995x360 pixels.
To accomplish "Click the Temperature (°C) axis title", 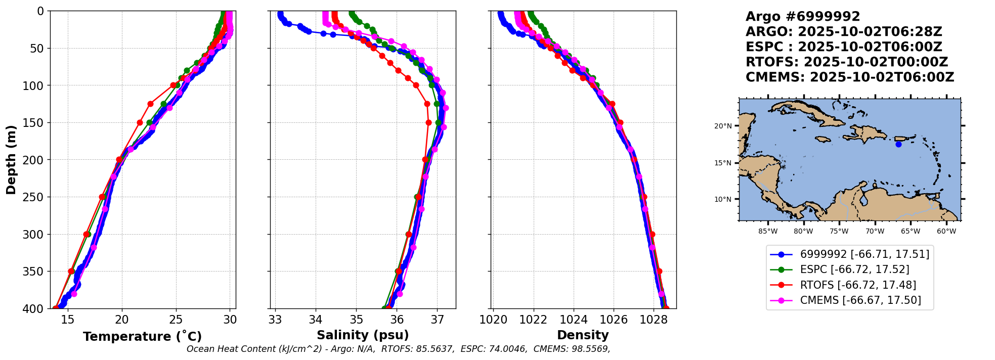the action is pyautogui.click(x=142, y=336).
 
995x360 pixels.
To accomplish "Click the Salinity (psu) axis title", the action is pyautogui.click(x=363, y=335).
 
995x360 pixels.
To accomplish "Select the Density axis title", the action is pyautogui.click(x=583, y=335).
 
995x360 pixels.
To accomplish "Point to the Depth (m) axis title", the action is pyautogui.click(x=11, y=159).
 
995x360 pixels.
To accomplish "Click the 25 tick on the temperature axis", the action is pyautogui.click(x=176, y=320).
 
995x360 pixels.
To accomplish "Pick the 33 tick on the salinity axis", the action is pyautogui.click(x=275, y=320).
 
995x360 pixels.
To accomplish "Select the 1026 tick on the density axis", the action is pyautogui.click(x=614, y=320).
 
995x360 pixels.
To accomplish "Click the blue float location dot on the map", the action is pyautogui.click(x=898, y=144).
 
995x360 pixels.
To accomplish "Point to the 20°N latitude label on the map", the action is pyautogui.click(x=723, y=126).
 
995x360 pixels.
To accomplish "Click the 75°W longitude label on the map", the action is pyautogui.click(x=839, y=232).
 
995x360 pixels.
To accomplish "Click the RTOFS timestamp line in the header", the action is pyautogui.click(x=847, y=62).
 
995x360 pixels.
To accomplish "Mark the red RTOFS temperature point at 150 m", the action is pyautogui.click(x=140, y=122).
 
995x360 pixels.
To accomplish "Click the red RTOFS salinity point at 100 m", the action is pyautogui.click(x=416, y=85).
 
